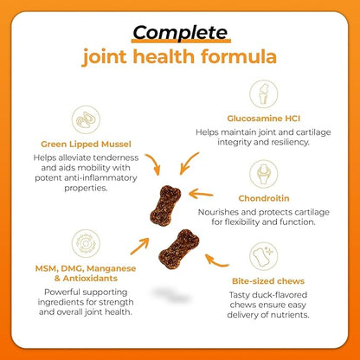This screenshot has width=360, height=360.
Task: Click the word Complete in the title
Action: coord(181,33)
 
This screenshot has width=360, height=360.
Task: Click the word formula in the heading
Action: coord(239,56)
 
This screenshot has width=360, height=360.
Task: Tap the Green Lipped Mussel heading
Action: coord(86,144)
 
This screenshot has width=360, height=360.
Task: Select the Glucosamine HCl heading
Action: coord(263,119)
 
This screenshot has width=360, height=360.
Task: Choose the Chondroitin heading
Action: coord(264,198)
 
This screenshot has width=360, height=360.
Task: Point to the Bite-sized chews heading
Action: coord(268,281)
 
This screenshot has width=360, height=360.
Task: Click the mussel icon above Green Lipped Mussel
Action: coord(86,119)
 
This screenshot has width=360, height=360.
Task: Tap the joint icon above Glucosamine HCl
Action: coord(263,93)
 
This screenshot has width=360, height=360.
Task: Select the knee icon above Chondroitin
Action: coord(263,174)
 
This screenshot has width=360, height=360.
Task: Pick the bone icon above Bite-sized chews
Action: coord(263,256)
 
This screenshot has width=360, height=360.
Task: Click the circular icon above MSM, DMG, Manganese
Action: coord(86,244)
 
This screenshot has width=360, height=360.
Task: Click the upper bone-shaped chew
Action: coord(165,205)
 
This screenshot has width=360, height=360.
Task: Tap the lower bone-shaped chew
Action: coord(179,249)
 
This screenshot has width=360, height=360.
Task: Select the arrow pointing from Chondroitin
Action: coord(200,194)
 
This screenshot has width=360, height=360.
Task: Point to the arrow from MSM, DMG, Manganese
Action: coord(140,246)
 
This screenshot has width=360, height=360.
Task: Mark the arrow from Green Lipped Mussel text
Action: coord(154,163)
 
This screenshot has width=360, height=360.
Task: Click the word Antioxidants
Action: coord(90,279)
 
